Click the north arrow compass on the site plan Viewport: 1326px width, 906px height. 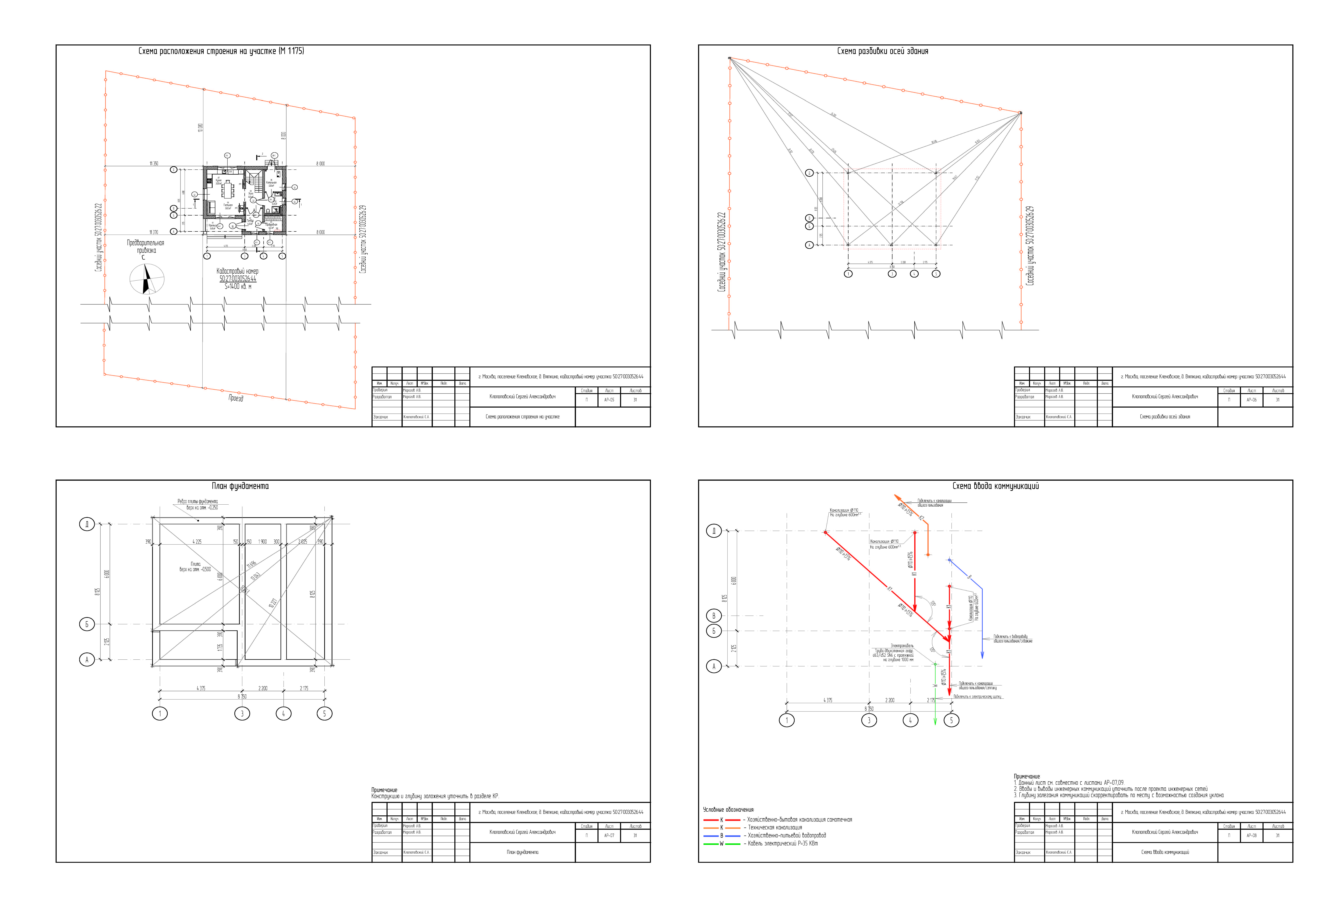tap(147, 280)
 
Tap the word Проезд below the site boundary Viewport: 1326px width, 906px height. tap(236, 398)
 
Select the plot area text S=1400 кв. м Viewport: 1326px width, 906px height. tap(238, 286)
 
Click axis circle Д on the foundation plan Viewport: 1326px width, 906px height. tap(87, 524)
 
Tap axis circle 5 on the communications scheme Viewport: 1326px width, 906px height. tap(951, 720)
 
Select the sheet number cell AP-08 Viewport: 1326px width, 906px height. tap(1251, 835)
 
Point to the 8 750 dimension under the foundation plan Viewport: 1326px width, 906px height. tap(242, 697)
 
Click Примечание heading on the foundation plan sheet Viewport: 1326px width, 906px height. tap(384, 790)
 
